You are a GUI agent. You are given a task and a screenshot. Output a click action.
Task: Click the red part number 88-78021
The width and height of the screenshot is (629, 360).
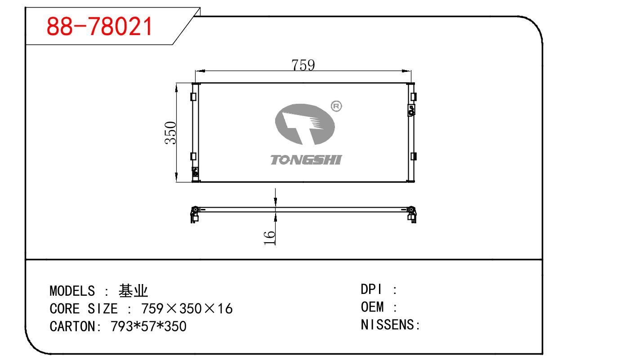[x=99, y=27]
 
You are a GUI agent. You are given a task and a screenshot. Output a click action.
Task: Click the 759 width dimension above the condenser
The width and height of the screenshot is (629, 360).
[x=303, y=65]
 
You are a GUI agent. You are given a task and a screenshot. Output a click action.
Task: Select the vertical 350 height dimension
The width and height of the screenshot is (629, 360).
[x=170, y=133]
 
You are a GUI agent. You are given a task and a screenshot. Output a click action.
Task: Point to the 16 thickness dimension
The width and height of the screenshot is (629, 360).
[x=269, y=237]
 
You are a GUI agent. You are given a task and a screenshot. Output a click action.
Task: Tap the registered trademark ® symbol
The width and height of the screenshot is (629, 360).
[x=336, y=107]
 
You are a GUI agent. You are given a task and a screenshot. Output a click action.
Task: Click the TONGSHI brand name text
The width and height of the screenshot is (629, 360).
[x=306, y=160]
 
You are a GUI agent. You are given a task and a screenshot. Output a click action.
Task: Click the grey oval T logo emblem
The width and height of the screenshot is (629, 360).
[x=305, y=124]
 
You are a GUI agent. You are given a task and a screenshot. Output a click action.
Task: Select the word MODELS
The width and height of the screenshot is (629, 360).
[x=72, y=291]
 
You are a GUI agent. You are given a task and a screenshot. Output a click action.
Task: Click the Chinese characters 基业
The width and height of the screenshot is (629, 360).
[x=133, y=291]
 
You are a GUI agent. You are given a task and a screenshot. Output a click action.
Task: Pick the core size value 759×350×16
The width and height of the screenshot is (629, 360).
[x=187, y=309]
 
